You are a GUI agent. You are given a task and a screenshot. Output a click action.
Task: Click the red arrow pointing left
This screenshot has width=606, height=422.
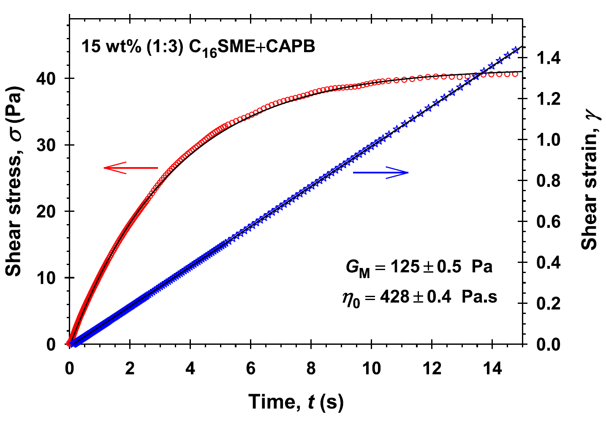point(130,168)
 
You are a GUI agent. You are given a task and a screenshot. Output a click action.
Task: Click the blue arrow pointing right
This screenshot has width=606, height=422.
point(381,172)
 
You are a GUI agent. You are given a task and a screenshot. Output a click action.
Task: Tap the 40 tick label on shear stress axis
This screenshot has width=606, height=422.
point(52,78)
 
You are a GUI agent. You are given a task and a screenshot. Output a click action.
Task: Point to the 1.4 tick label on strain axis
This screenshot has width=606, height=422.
point(549,58)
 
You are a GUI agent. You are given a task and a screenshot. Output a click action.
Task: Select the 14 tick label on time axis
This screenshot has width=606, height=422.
point(492,369)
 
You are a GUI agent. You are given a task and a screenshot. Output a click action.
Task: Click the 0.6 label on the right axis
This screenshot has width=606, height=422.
point(549,222)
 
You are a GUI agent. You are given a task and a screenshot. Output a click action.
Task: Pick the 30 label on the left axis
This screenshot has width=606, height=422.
point(52,145)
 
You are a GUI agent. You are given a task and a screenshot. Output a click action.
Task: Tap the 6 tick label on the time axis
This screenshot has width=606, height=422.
point(251,369)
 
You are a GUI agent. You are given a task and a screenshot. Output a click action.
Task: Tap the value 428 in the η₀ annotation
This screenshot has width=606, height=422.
point(395,297)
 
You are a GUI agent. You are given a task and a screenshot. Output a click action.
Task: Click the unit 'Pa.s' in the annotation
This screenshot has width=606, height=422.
point(479,297)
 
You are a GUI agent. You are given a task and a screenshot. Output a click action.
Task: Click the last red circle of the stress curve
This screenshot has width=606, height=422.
point(515,74)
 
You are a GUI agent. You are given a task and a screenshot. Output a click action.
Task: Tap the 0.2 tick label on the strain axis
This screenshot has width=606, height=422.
point(549,303)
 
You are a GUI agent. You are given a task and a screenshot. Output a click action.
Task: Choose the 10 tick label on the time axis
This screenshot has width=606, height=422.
point(371,369)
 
